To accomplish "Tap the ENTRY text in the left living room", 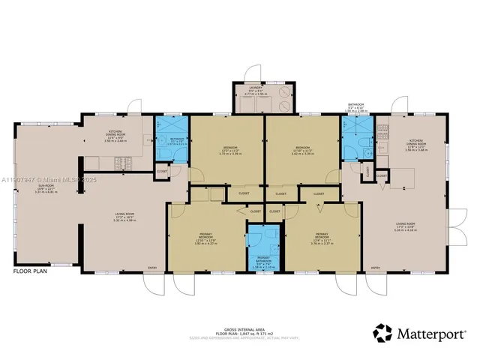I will pyautogui.click(x=152, y=268).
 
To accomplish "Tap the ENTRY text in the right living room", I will pyautogui.click(x=376, y=268).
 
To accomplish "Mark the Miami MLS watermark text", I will pyautogui.click(x=45, y=180).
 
